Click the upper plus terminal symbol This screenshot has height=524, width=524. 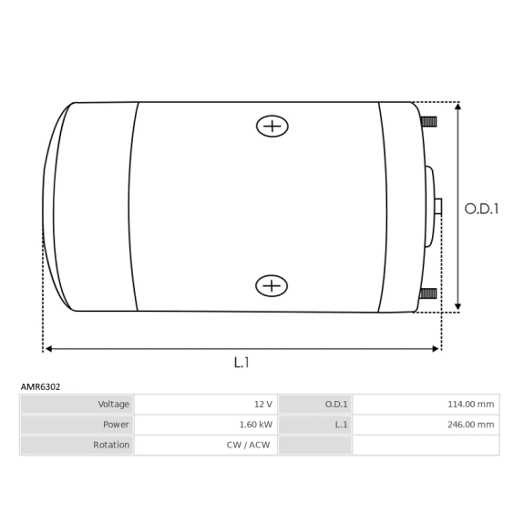272,127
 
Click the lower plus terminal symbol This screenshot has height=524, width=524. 272,286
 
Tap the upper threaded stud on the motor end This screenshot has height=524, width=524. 428,121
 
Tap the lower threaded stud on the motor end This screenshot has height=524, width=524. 428,293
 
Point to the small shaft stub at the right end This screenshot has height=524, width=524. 438,206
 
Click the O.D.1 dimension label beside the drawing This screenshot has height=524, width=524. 481,210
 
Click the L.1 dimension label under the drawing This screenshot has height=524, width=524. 241,363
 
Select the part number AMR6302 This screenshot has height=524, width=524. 40,386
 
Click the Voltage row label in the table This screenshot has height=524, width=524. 114,404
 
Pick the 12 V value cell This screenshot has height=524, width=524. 263,405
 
